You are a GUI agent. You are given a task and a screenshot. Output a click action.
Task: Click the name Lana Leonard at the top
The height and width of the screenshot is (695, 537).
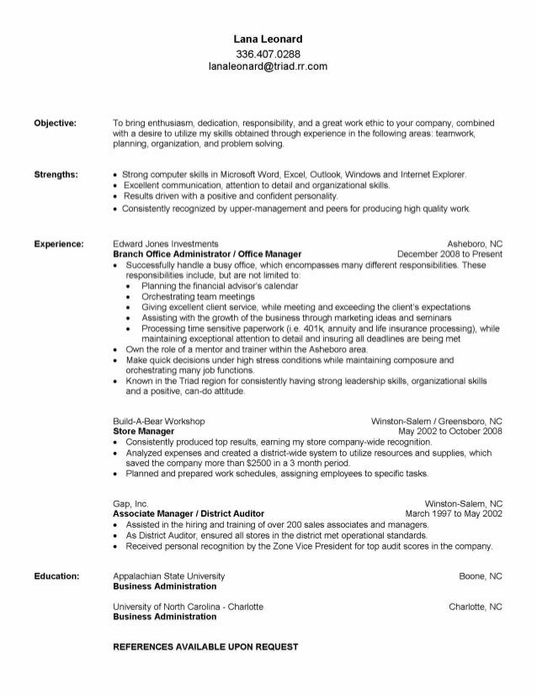[268, 39]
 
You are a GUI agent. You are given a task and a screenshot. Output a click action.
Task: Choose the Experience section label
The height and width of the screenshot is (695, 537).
[58, 243]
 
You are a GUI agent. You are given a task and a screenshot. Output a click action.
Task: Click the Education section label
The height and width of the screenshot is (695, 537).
[56, 576]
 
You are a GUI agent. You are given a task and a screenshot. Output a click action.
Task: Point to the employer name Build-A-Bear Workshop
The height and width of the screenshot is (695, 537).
[158, 421]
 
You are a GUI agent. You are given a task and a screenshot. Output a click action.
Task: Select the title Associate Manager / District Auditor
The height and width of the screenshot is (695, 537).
[189, 512]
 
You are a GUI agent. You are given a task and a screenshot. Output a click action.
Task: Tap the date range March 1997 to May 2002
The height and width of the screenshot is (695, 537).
[454, 512]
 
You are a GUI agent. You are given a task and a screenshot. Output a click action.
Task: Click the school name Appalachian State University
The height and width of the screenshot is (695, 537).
[168, 576]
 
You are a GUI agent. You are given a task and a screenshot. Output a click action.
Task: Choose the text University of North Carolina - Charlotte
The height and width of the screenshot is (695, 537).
[188, 606]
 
